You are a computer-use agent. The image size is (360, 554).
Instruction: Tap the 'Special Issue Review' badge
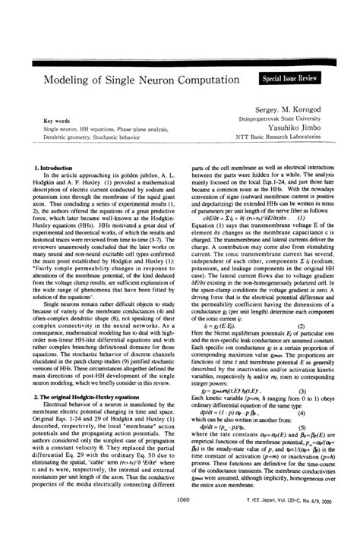pos(290,78)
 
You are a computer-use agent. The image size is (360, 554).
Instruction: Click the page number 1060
pos(181,541)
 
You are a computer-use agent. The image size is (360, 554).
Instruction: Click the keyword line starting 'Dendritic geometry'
pos(95,138)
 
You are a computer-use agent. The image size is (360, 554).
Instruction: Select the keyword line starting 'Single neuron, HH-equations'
pos(104,130)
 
